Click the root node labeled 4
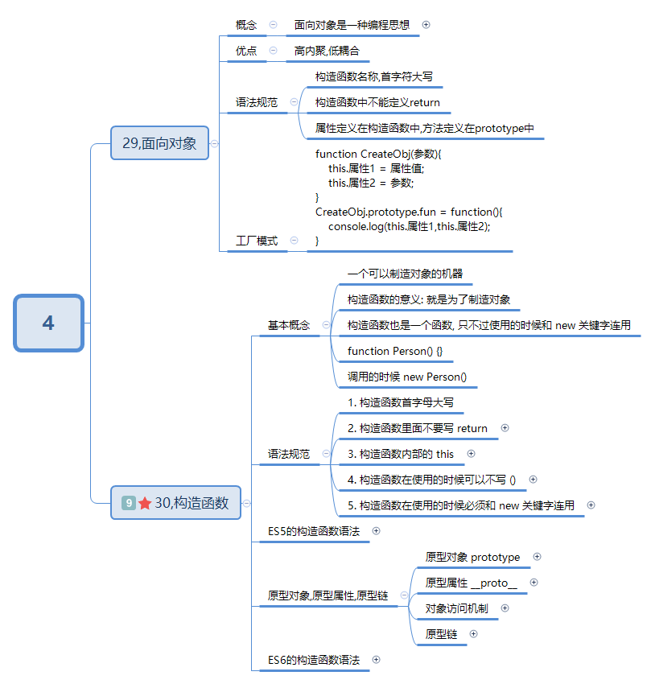[x=48, y=323]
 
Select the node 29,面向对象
[x=159, y=143]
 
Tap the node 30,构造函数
[x=175, y=503]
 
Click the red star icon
[x=145, y=503]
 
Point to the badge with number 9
[x=128, y=503]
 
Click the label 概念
[x=246, y=25]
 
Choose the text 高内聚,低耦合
[x=327, y=51]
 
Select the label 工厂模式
[x=256, y=241]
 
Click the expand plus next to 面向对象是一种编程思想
[x=426, y=24]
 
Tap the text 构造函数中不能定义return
[x=377, y=102]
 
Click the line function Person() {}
[x=395, y=351]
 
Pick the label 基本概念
[x=289, y=325]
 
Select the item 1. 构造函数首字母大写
[x=401, y=402]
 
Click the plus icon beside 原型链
[x=473, y=634]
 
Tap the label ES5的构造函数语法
[x=314, y=531]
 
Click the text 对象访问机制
[x=456, y=608]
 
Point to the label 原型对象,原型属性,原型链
[x=327, y=595]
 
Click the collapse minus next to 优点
[x=274, y=50]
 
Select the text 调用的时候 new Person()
[x=407, y=377]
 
